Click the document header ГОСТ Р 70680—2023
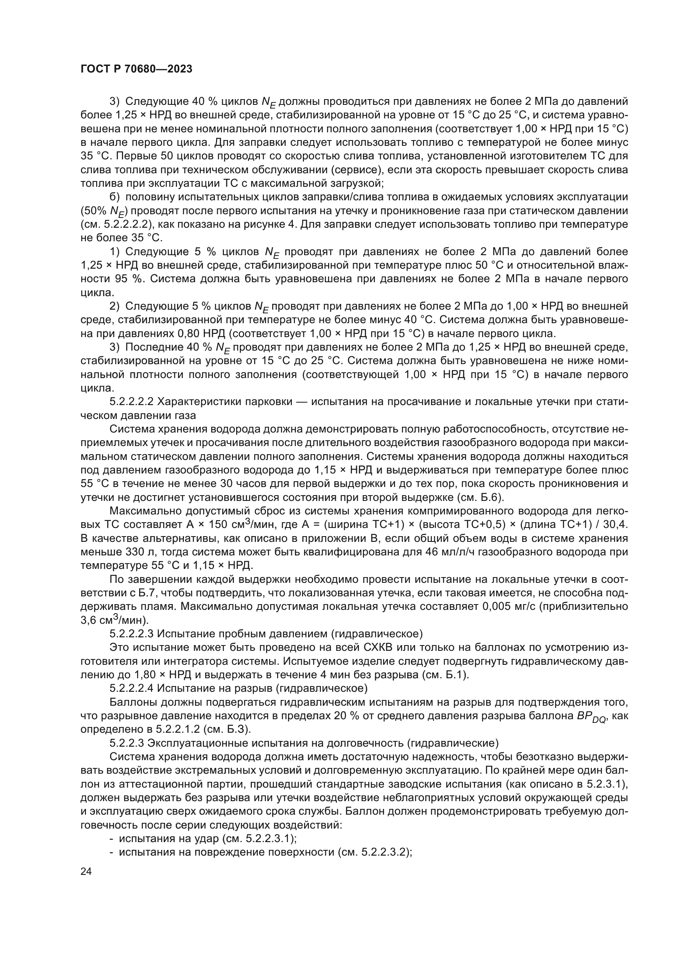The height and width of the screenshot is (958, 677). click(x=136, y=69)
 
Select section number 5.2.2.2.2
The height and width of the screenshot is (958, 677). click(x=132, y=402)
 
